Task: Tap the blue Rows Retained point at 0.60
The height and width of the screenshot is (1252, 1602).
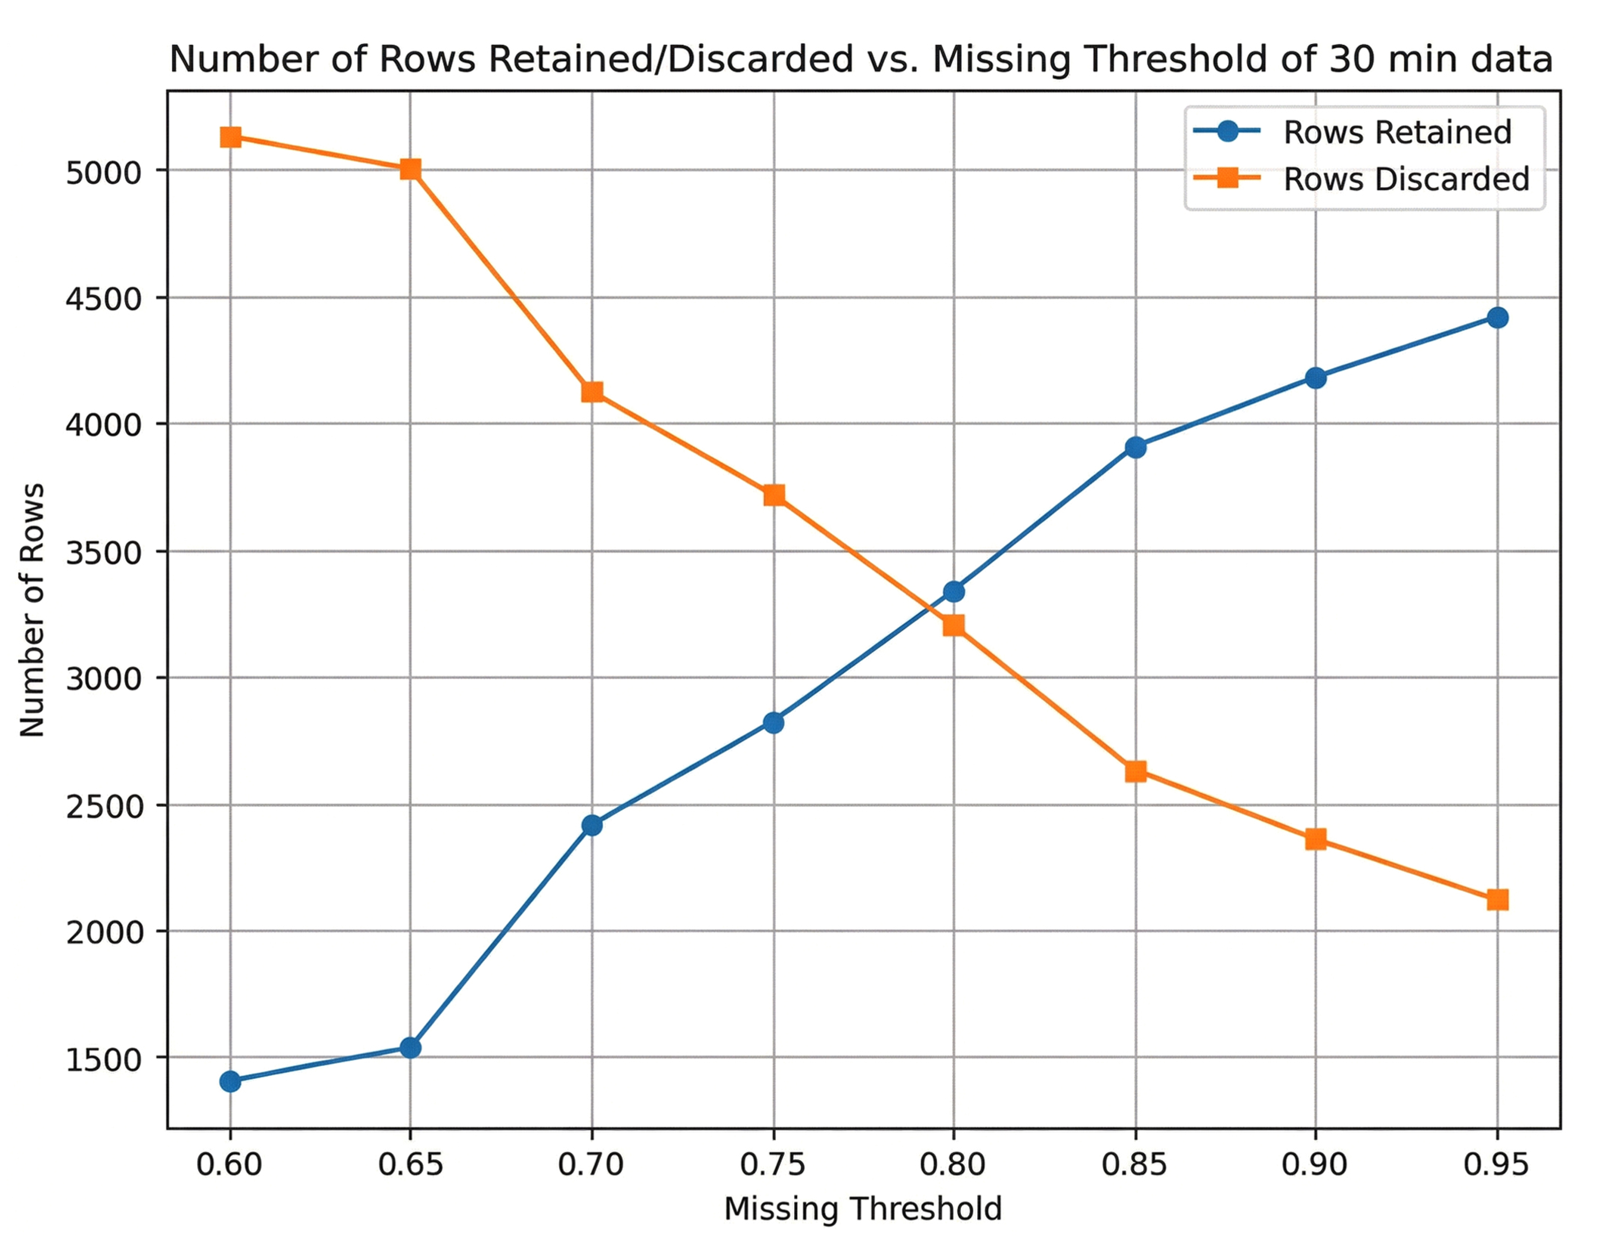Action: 230,1081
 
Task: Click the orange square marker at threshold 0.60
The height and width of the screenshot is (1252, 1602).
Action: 230,137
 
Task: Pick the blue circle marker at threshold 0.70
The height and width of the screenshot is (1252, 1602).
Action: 592,825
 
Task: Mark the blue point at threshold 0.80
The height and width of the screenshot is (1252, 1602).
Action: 954,591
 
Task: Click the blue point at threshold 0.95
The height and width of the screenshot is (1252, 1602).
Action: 1497,318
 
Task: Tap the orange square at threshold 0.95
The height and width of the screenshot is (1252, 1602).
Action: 1497,899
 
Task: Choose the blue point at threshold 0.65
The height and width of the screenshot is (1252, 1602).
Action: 411,1047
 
